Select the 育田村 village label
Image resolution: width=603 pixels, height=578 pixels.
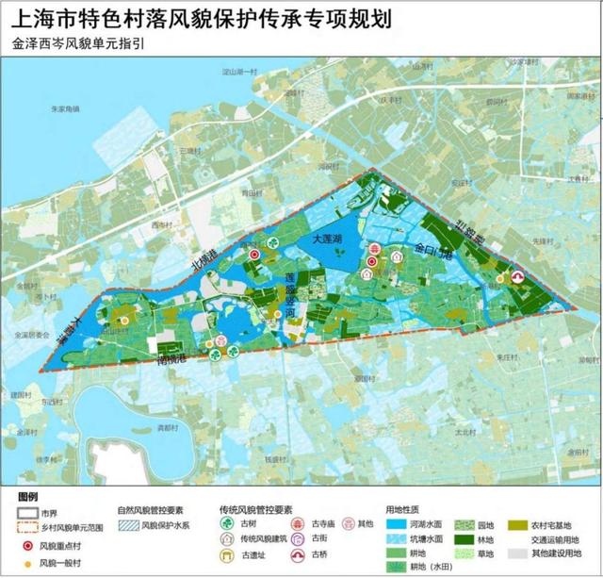[x=249, y=191]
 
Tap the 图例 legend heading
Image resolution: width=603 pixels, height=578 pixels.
[x=27, y=495]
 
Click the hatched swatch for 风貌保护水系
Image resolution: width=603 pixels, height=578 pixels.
[x=125, y=528]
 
